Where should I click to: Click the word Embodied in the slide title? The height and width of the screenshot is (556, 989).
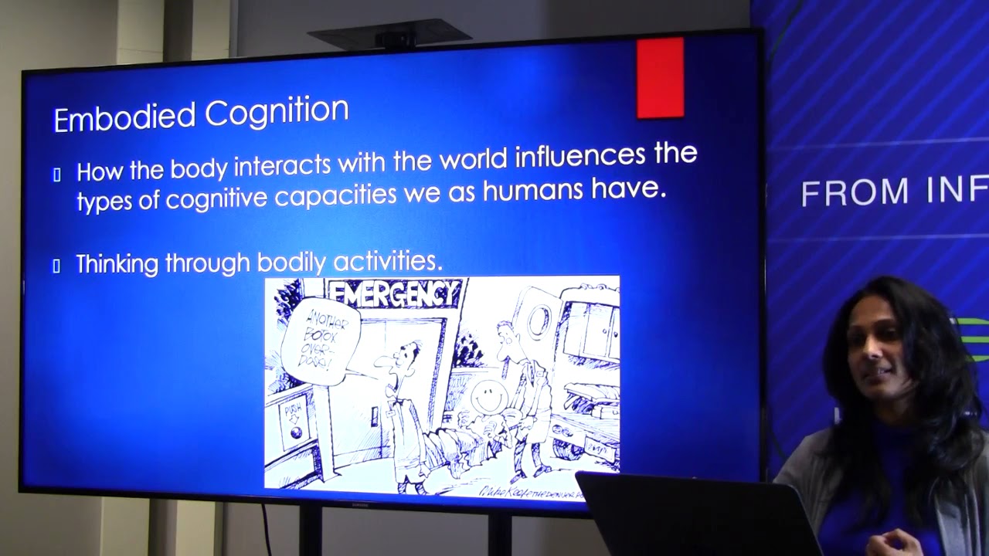pos(124,117)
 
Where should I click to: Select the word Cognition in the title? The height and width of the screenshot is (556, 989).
pos(277,113)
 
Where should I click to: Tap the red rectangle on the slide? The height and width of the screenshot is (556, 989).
pos(660,78)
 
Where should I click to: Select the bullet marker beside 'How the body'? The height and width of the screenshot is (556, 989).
pos(56,175)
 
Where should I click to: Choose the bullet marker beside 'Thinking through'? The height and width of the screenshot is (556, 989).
pos(56,266)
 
